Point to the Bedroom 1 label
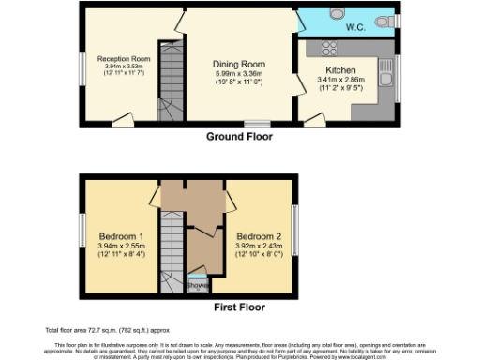tap(121, 235)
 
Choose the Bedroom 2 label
tap(256, 235)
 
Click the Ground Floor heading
tap(239, 137)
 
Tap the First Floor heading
tap(239, 307)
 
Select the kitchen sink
tap(385, 67)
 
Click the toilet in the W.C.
tap(382, 21)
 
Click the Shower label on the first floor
tap(197, 285)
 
